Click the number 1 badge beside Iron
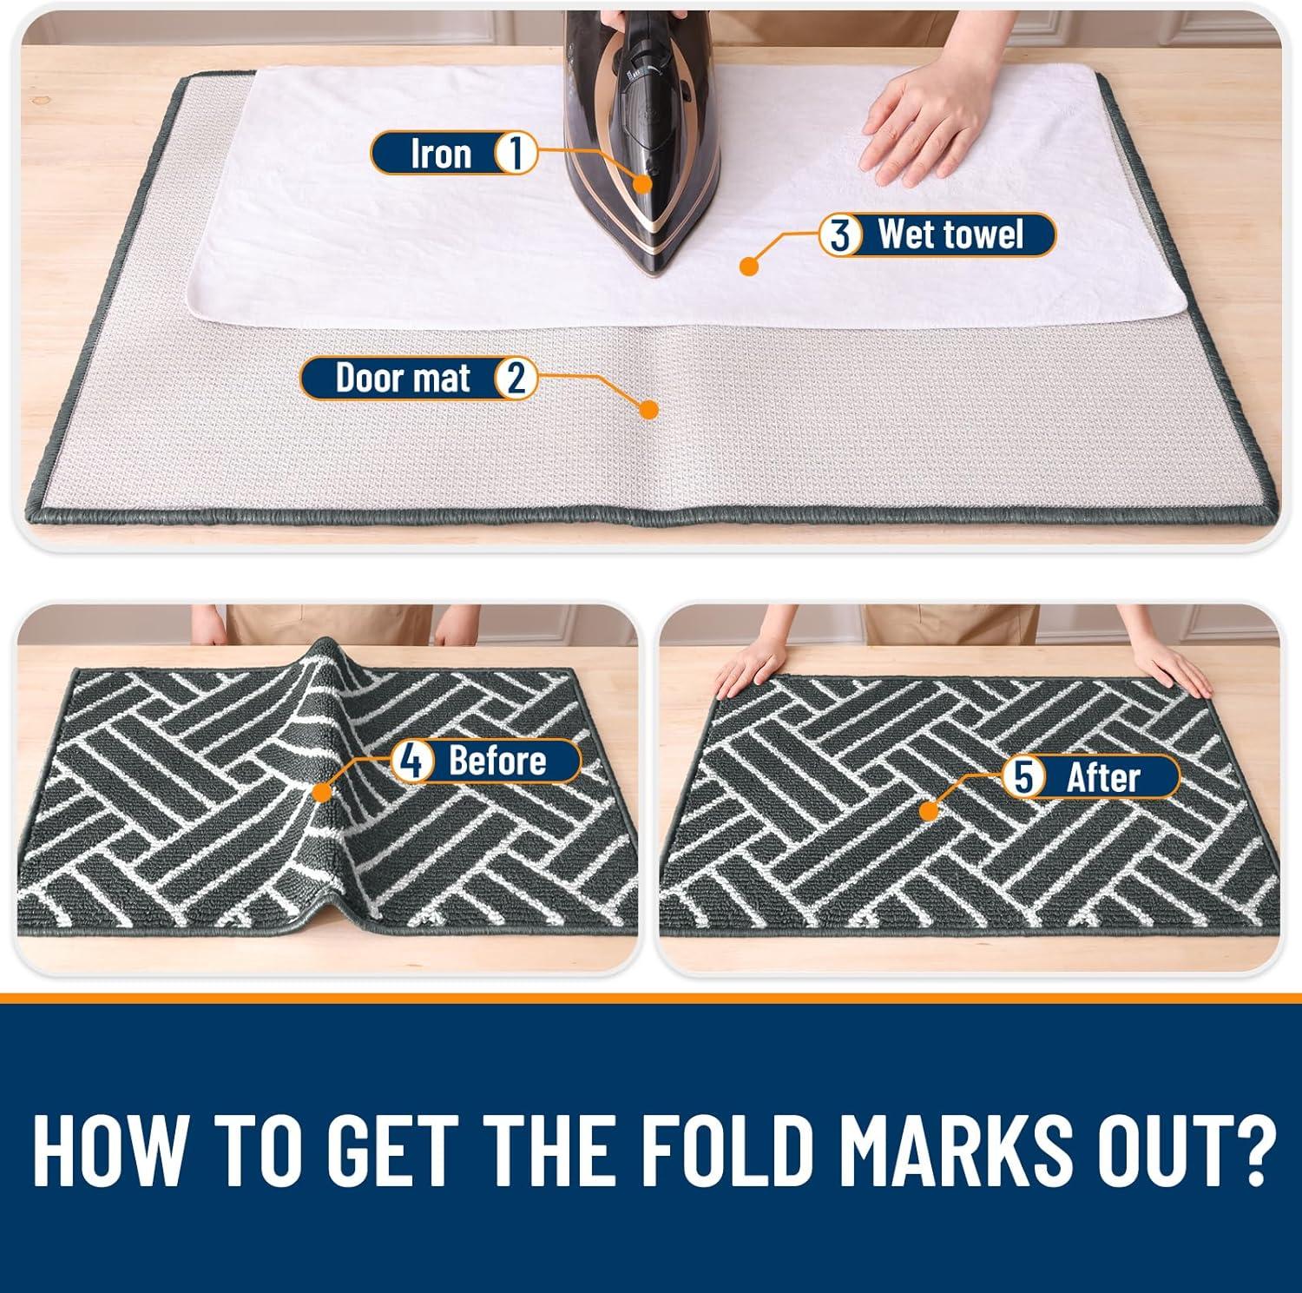point(515,154)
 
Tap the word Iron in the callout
point(441,155)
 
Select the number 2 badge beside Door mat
point(516,379)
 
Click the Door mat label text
point(404,379)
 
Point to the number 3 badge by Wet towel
point(840,235)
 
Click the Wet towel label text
point(951,234)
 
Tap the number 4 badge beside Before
point(411,762)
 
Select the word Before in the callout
point(496,761)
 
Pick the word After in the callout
point(1103,777)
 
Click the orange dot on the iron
point(643,183)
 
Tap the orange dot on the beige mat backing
point(648,410)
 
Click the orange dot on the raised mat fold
point(322,792)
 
